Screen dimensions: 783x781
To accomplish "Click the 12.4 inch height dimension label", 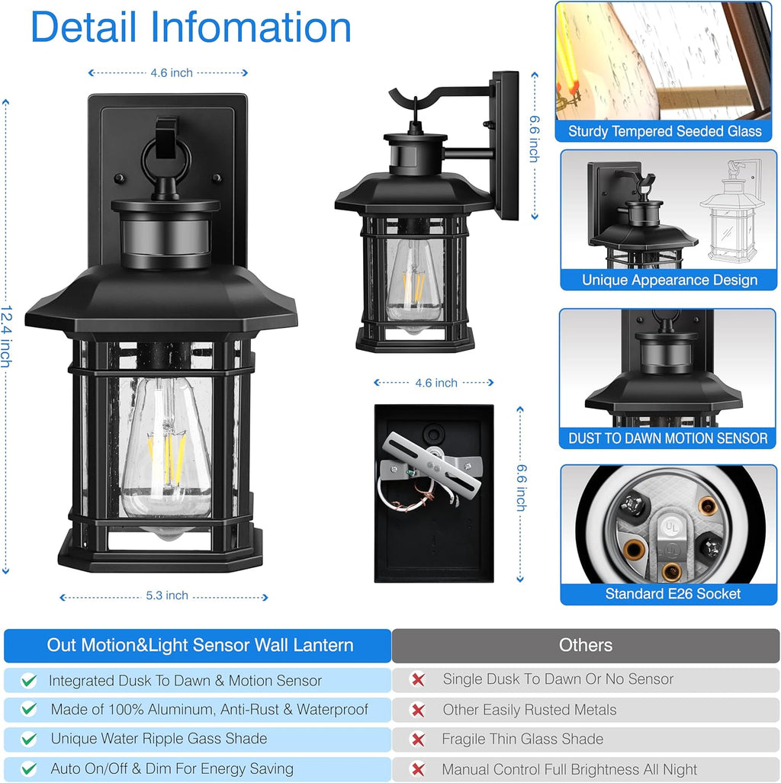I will coord(6,336).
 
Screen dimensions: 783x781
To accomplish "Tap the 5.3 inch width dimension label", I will coord(167,595).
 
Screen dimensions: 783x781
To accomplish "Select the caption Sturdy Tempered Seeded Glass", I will coord(664,132).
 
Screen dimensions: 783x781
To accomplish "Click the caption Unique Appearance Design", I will coord(670,280).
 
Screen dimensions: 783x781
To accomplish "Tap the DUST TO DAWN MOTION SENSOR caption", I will coord(668,438).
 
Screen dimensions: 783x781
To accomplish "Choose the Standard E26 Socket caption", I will coord(673,594).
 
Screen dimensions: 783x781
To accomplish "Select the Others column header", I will coord(585,646).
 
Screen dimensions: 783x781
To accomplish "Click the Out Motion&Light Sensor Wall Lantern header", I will coord(200,646).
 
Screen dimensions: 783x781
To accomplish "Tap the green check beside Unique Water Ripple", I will coord(29,739).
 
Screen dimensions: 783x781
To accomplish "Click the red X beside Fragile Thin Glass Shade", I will coord(418,740).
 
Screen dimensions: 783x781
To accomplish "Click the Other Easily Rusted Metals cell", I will coord(529,710).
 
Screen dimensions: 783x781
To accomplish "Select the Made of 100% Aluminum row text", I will coord(209,710).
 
